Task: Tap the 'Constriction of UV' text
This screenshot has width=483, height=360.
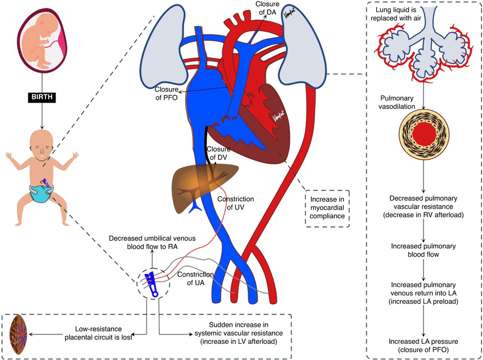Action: coord(236,203)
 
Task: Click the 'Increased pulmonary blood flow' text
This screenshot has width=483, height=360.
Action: coord(424,250)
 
